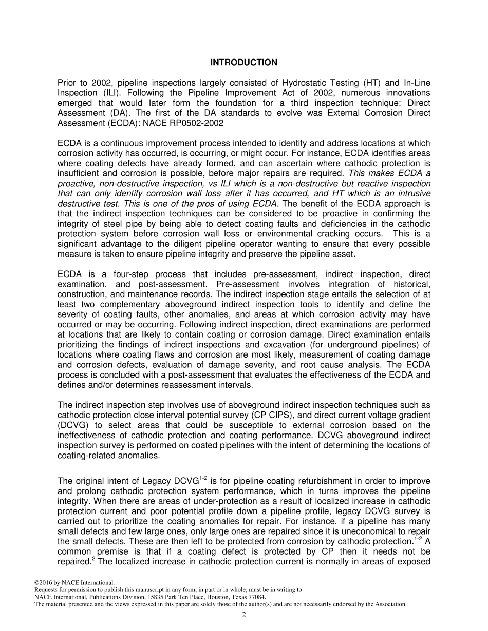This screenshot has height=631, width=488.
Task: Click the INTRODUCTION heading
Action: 243,63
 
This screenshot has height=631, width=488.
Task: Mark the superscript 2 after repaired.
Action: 92,559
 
